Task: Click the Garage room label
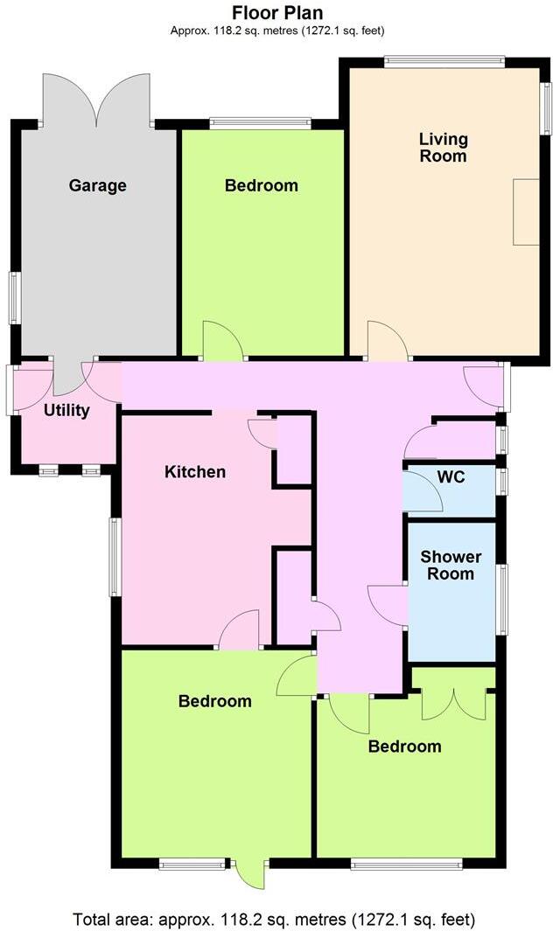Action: tap(98, 185)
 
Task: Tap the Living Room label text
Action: tap(443, 148)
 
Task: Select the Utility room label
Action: tap(66, 410)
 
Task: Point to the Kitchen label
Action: tap(195, 472)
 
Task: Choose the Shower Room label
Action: tap(451, 566)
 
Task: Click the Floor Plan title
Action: tap(277, 13)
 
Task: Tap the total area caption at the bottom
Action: tap(275, 919)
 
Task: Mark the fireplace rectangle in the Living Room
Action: tap(526, 212)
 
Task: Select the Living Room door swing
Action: tap(386, 342)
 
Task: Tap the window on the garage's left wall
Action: tap(15, 298)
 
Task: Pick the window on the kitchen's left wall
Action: tap(114, 557)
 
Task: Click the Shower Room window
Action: tap(501, 599)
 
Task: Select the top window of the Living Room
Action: tap(444, 61)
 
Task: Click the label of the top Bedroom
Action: tap(261, 185)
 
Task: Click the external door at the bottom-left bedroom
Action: tap(251, 872)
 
